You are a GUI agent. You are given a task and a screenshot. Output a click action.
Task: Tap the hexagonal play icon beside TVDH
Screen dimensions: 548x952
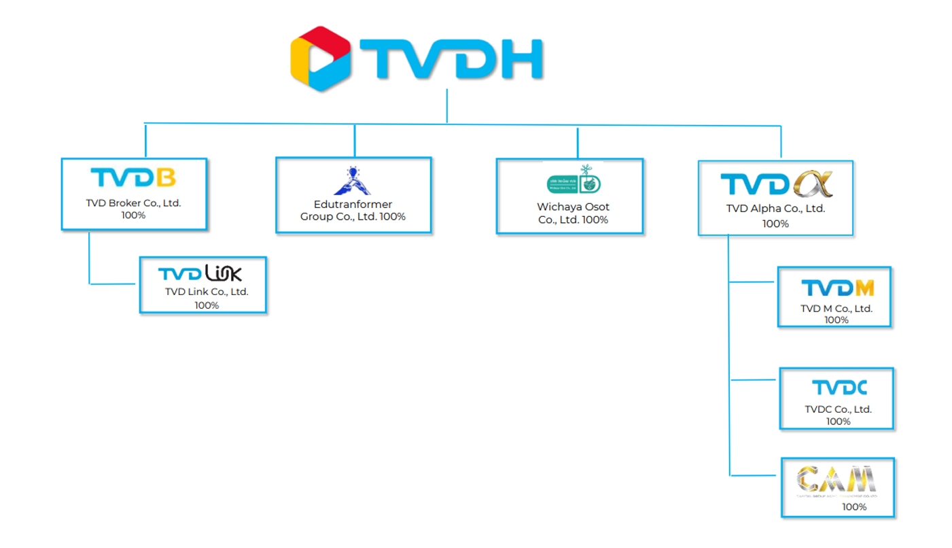(x=321, y=58)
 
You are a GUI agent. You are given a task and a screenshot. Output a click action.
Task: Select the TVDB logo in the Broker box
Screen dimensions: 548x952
(x=133, y=177)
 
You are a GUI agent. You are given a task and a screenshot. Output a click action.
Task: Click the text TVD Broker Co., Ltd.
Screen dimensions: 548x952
(x=133, y=203)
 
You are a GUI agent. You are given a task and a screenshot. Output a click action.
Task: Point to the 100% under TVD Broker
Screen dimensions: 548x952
(x=133, y=215)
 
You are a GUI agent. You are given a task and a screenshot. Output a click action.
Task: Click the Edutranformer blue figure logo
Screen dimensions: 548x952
(x=352, y=181)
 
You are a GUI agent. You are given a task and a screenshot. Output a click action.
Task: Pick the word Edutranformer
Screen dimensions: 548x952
(x=353, y=204)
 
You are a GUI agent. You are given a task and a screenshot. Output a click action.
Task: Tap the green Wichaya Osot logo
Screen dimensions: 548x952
(x=575, y=180)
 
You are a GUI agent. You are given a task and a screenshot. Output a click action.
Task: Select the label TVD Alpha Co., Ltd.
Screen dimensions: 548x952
(x=775, y=209)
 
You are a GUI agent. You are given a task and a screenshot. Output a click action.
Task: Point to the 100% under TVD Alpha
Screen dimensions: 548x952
(x=775, y=224)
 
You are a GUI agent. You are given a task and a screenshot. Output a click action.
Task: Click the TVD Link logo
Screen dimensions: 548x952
(x=200, y=273)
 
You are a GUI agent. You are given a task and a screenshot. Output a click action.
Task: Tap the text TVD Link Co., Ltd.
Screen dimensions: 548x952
(x=207, y=292)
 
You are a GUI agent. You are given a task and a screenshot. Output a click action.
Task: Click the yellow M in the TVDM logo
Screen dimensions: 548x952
(x=864, y=288)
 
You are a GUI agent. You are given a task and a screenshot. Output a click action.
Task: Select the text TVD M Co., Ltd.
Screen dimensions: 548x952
(x=836, y=308)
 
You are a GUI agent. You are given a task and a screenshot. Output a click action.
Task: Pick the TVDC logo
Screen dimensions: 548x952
(x=839, y=388)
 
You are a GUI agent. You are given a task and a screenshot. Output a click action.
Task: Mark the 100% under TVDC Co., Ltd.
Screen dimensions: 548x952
(x=838, y=422)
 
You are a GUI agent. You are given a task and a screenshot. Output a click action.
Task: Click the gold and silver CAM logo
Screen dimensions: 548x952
(x=836, y=479)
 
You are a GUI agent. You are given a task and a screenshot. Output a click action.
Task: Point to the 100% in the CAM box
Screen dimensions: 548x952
(x=854, y=507)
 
